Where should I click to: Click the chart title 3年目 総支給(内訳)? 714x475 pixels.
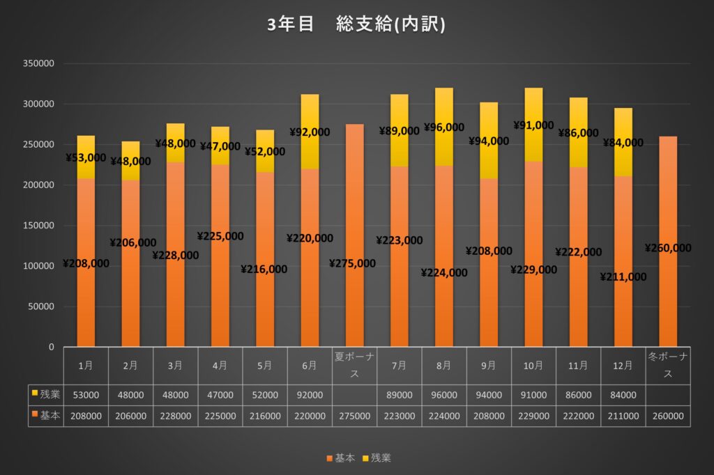coord(356,24)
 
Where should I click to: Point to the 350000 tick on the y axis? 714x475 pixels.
coord(39,63)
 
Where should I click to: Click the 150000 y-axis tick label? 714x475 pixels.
coord(39,226)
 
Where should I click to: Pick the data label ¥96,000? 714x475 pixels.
coord(444,127)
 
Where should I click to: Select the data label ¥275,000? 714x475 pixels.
coord(354,263)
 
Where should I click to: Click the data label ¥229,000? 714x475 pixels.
coord(534,270)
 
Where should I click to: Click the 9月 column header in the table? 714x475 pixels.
coord(489,365)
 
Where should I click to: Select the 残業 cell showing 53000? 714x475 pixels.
coord(86,395)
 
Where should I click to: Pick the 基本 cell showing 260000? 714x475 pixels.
coord(668,416)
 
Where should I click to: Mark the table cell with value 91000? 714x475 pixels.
coord(533,395)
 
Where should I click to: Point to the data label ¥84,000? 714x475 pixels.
coord(623,143)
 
